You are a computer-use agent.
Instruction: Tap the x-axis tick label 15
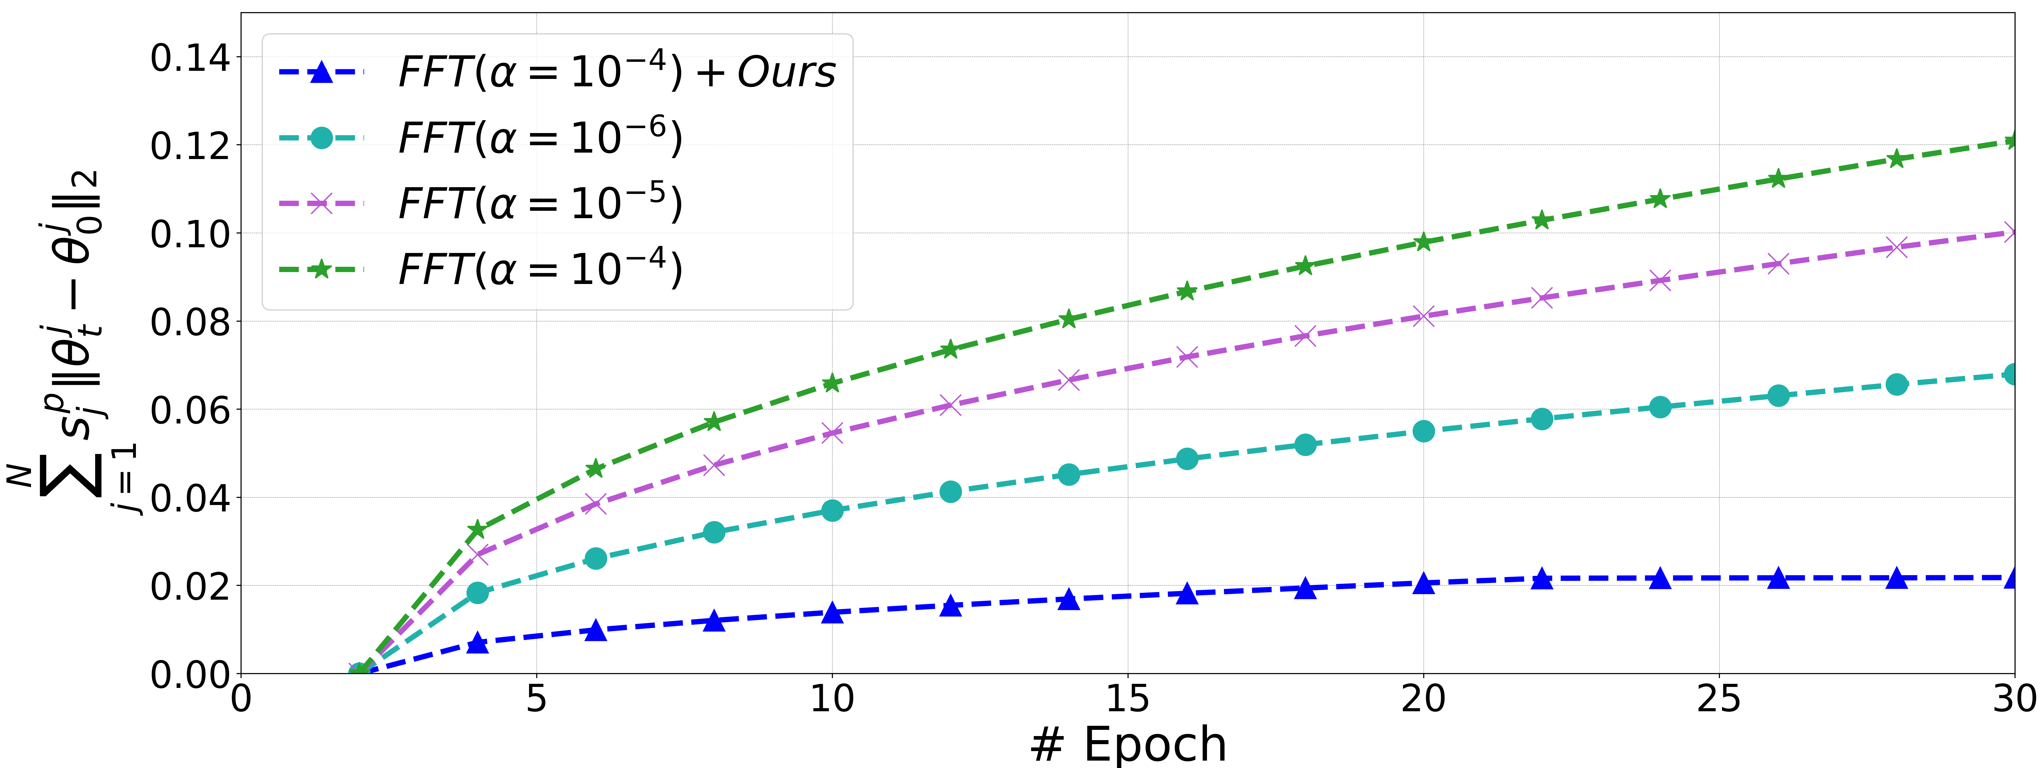tap(1127, 699)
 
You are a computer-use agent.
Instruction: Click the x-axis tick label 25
tap(1719, 699)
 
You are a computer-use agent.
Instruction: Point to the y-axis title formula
tap(71, 341)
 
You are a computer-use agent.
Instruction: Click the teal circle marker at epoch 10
tap(832, 510)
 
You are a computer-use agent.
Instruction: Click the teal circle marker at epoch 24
tap(1660, 407)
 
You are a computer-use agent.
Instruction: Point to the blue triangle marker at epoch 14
tap(1068, 599)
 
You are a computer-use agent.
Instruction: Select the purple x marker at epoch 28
tap(1896, 247)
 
